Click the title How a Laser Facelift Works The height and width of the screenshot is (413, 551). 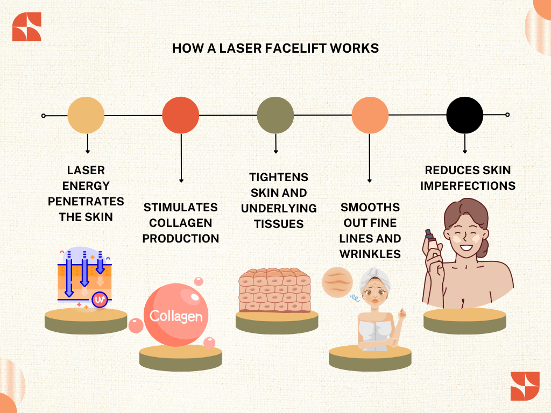(275, 48)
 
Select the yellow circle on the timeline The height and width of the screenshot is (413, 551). (86, 115)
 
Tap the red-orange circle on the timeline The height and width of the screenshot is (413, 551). (181, 115)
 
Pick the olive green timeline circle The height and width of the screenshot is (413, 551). (275, 115)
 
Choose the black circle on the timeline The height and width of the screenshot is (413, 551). (465, 115)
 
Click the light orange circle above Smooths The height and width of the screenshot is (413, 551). (370, 115)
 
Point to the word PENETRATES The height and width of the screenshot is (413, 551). (86, 202)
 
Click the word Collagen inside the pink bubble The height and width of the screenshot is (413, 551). (176, 316)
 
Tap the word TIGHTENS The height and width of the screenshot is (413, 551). (279, 177)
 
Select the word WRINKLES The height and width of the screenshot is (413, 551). (370, 254)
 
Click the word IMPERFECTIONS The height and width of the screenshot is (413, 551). (468, 186)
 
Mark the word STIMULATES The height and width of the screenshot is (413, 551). (181, 207)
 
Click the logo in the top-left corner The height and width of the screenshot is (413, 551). (27, 26)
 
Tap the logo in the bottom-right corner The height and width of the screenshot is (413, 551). (525, 386)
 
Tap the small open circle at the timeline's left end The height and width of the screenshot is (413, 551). (44, 116)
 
